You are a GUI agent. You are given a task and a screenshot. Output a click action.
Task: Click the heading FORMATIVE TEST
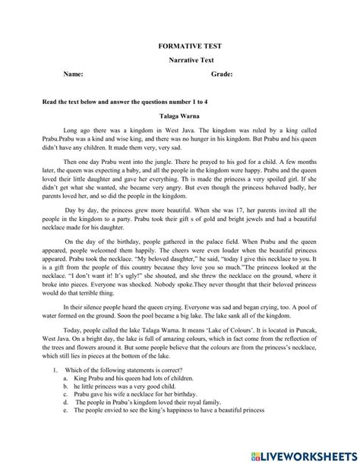(x=179, y=45)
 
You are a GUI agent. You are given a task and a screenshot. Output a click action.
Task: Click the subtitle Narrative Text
(x=179, y=59)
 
